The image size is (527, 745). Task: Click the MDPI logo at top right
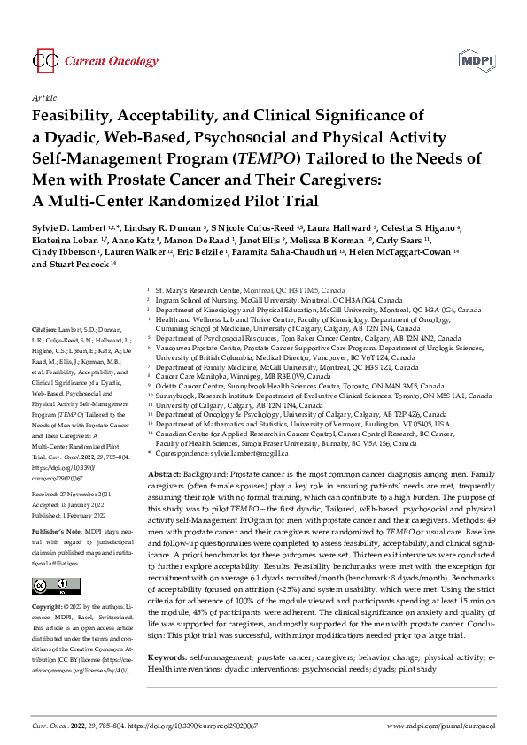tap(477, 60)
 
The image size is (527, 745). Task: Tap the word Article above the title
tap(43, 98)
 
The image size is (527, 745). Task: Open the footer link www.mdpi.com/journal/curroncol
tap(439, 725)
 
